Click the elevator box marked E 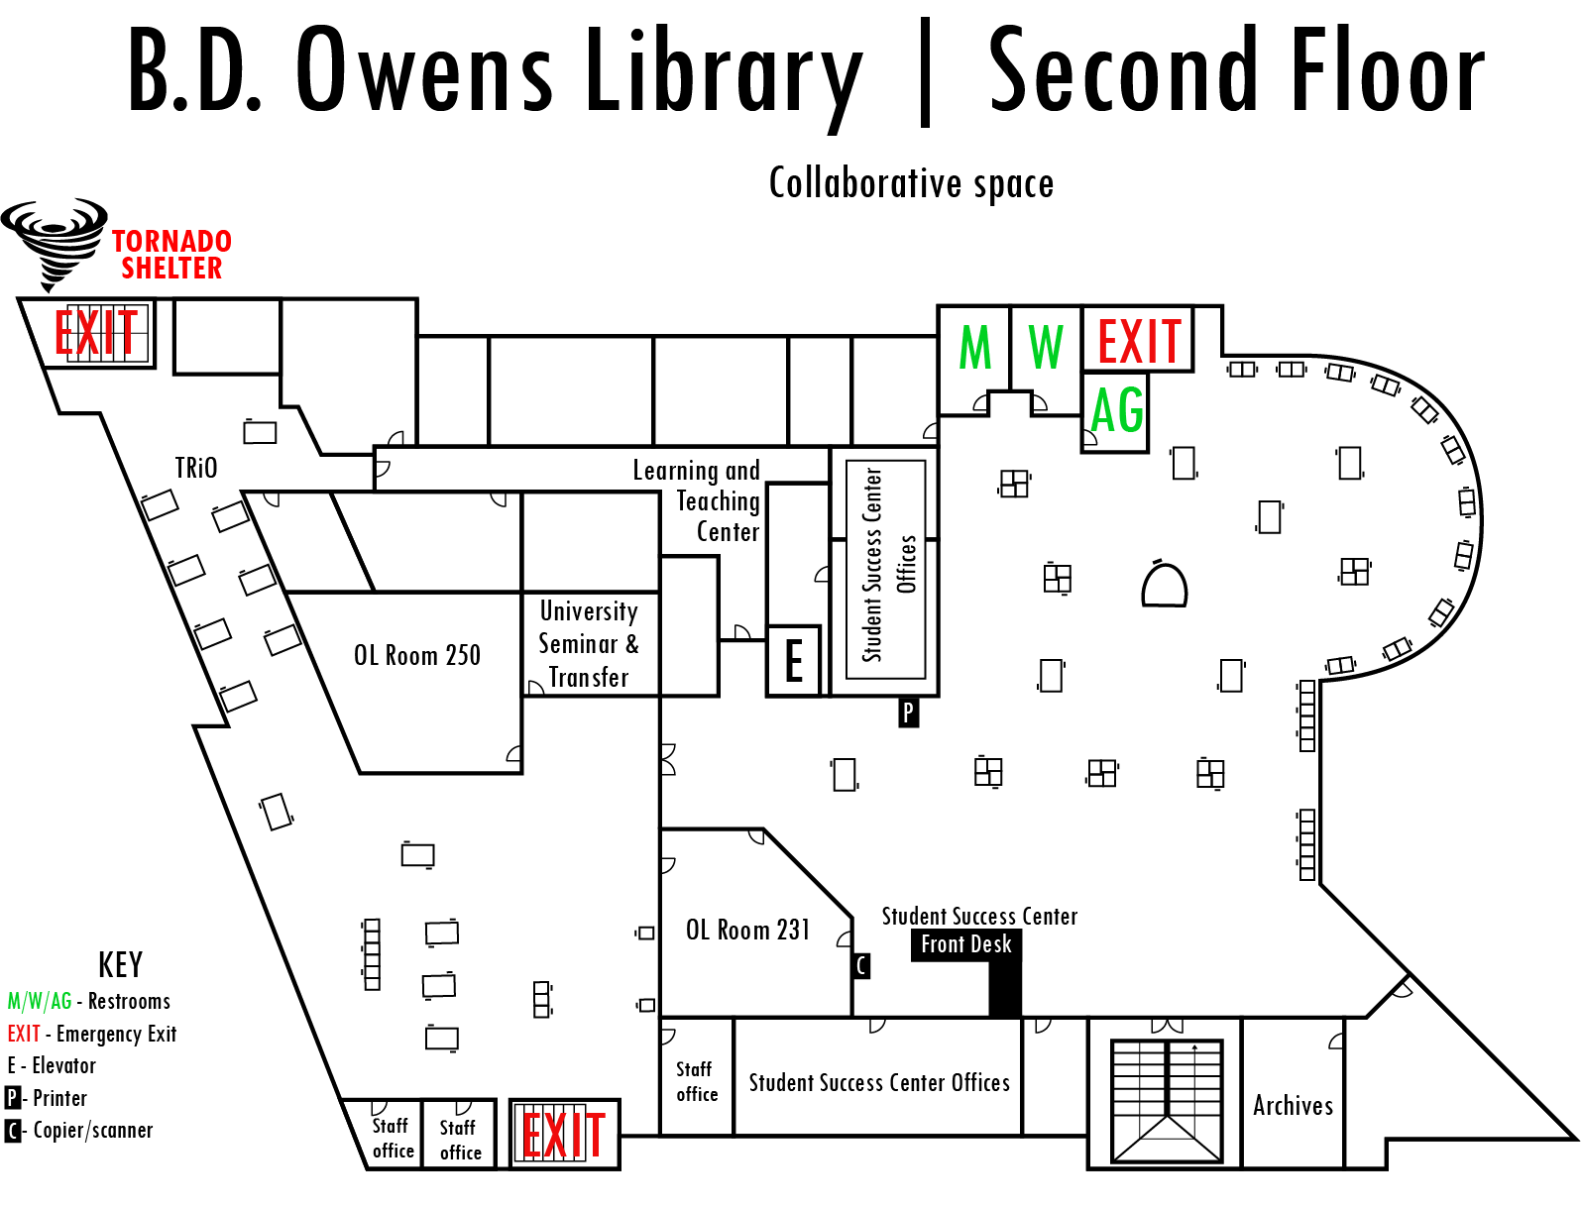793,660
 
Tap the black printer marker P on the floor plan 908,713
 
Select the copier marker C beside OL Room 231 860,965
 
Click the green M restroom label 974,348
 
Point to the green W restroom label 1045,347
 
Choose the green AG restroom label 1117,409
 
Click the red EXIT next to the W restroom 1139,341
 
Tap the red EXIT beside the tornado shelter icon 96,331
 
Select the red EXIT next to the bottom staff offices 563,1134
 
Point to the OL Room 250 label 416,655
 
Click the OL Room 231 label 747,930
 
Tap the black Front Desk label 965,944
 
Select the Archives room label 1293,1105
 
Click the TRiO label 196,468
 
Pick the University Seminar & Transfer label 589,644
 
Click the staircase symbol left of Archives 1166,1100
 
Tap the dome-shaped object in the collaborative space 1164,584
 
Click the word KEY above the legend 120,965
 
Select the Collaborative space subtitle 911,183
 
